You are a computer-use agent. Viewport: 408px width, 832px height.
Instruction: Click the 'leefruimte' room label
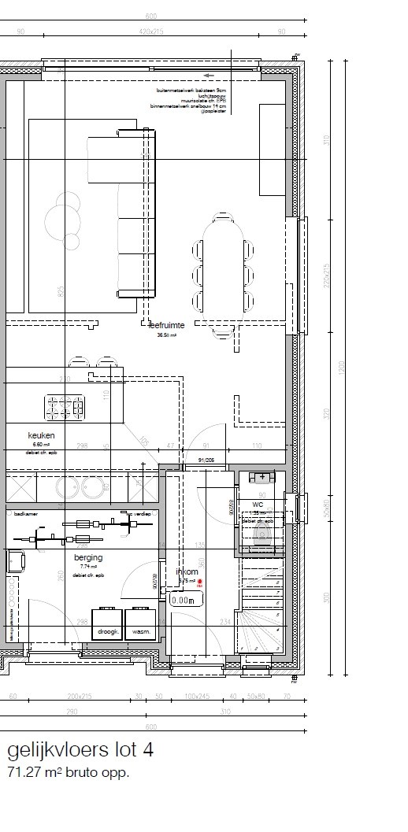pyautogui.click(x=167, y=324)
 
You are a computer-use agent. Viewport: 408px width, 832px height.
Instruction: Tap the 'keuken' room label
pyautogui.click(x=40, y=434)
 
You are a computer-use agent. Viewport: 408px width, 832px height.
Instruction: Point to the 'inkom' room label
pyautogui.click(x=187, y=572)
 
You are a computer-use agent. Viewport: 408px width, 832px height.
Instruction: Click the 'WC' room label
pyautogui.click(x=258, y=505)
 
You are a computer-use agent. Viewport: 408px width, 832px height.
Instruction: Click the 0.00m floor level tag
pyautogui.click(x=186, y=599)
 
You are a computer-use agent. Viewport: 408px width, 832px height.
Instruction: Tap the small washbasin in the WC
pyautogui.click(x=258, y=477)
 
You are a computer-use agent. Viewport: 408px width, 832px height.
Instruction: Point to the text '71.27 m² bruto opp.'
pyautogui.click(x=69, y=773)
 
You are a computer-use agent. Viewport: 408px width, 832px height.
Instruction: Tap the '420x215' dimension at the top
pyautogui.click(x=151, y=32)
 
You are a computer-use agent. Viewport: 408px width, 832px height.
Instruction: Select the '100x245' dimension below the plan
pyautogui.click(x=198, y=697)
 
